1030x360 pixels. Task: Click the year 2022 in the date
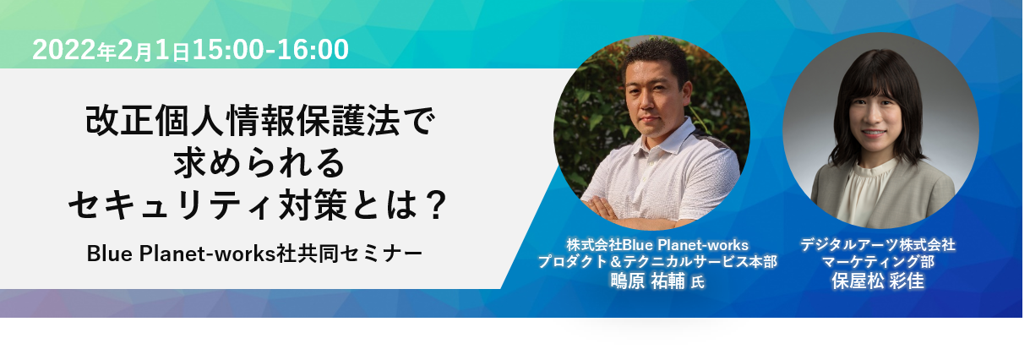[x=64, y=50]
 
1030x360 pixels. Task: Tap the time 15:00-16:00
[x=270, y=50]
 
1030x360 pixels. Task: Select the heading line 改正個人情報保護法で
[x=259, y=120]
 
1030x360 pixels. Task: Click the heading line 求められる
[x=259, y=162]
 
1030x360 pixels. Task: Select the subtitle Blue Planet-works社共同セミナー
[x=254, y=254]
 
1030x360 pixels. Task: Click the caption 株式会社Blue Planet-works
[x=657, y=244]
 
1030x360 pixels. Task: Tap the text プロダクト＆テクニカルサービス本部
[x=657, y=261]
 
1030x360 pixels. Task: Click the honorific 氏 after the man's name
[x=698, y=282]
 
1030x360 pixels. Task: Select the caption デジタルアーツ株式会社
[x=878, y=244]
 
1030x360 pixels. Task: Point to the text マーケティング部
[x=878, y=262]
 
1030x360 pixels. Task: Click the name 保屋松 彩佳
[x=878, y=281]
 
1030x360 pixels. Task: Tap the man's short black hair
[x=655, y=57]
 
